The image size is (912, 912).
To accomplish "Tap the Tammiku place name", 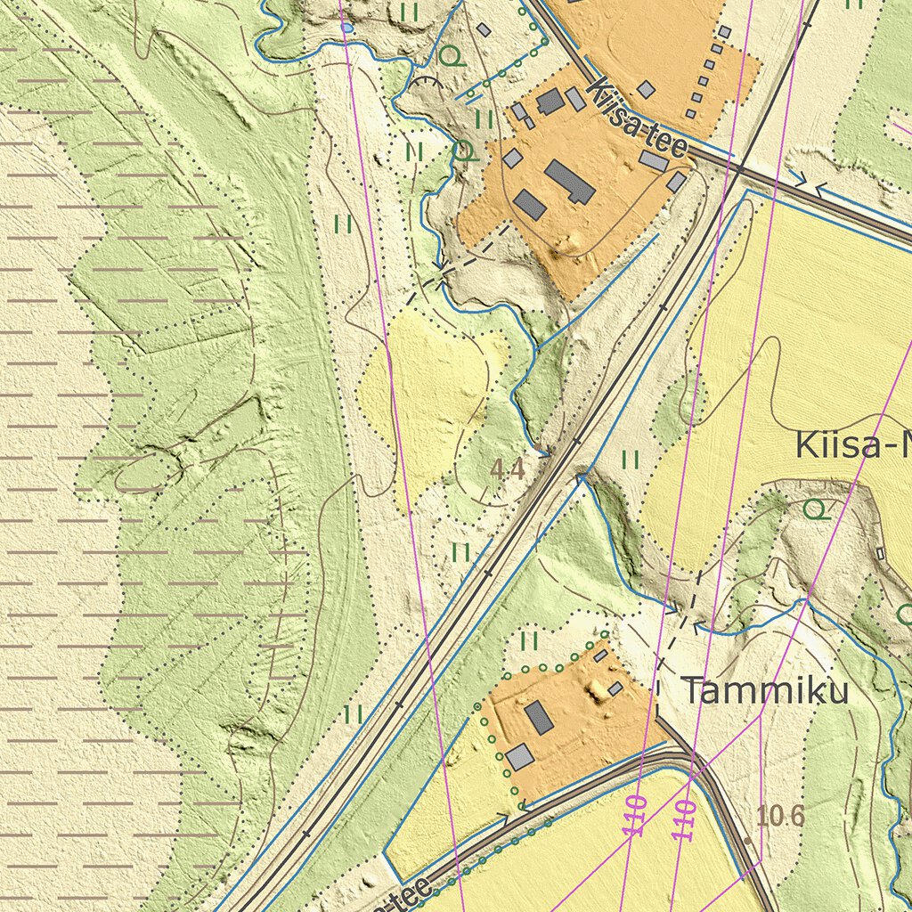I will (765, 691).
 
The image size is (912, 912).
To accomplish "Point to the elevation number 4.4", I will (508, 469).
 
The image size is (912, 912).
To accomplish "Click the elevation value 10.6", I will (780, 814).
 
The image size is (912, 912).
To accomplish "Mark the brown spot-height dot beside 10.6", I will (747, 840).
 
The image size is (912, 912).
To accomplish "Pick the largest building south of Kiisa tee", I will (570, 181).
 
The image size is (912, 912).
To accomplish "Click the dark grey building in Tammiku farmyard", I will (538, 717).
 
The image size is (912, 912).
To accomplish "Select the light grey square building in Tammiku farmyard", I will (519, 758).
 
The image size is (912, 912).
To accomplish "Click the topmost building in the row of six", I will (724, 32).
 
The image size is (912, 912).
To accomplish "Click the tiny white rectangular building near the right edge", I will (881, 554).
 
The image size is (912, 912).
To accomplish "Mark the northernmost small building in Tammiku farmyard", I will (600, 655).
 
